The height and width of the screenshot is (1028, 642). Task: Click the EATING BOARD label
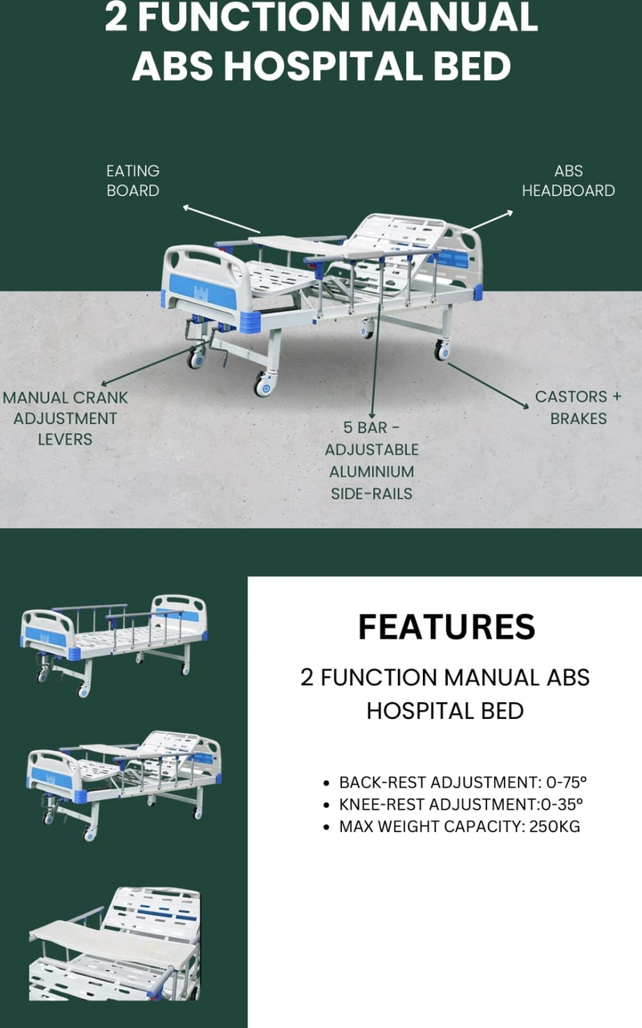(x=133, y=181)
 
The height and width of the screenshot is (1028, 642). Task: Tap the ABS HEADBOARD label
(x=568, y=181)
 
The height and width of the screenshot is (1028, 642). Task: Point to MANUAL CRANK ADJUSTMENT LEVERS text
(x=65, y=418)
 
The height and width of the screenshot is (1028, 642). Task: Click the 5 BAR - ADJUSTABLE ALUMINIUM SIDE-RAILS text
(x=372, y=460)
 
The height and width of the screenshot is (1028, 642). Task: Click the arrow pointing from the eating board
(x=221, y=218)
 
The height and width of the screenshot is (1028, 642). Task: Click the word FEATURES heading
(x=446, y=627)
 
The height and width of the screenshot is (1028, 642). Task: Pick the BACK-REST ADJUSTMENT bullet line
(x=469, y=782)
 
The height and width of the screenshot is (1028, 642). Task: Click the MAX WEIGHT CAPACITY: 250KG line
(x=459, y=827)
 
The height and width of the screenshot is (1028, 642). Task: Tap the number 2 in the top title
(x=116, y=18)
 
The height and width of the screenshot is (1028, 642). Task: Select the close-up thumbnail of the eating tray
(x=114, y=944)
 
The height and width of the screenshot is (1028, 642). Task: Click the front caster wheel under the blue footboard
(x=264, y=385)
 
